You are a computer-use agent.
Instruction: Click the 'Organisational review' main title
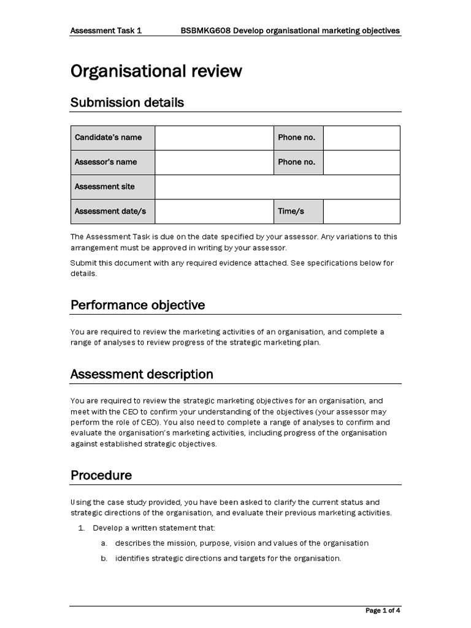coord(156,72)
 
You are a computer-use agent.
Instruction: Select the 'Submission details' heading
coord(127,102)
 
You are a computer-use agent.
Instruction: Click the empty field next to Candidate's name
coord(213,138)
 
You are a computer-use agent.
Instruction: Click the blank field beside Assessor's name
coord(213,163)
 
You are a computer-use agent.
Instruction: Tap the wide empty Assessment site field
coord(277,187)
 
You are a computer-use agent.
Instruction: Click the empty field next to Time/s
coord(361,212)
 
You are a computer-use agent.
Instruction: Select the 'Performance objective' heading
coord(137,305)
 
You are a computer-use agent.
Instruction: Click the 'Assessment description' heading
coord(142,374)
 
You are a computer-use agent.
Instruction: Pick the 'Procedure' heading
coord(101,475)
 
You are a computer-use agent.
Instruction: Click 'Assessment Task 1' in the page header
coord(106,30)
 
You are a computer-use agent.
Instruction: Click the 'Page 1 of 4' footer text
coord(383,611)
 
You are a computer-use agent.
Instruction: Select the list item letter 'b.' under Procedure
coord(104,558)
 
